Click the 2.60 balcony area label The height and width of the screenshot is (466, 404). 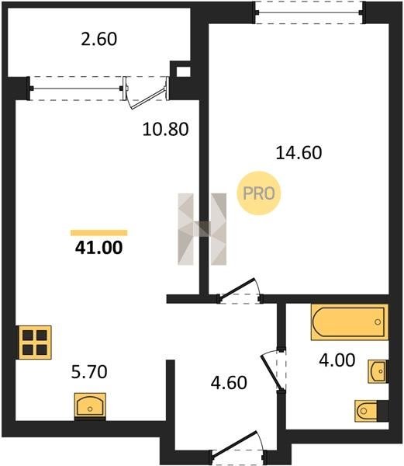[99, 40]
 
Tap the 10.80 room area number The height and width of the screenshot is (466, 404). [165, 130]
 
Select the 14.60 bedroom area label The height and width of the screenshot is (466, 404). [299, 153]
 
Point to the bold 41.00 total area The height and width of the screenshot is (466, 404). [98, 248]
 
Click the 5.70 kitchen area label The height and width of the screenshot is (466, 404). [89, 372]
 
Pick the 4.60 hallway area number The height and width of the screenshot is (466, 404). [229, 382]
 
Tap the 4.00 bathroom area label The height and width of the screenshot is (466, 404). [337, 360]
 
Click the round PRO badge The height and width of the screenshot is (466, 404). [259, 193]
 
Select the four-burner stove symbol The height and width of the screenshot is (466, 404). [35, 343]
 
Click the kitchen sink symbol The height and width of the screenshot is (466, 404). [90, 406]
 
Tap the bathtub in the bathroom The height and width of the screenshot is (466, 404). [350, 322]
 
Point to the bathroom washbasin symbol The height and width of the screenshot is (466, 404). [378, 371]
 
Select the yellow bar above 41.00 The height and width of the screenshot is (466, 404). [98, 233]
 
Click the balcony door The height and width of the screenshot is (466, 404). [146, 92]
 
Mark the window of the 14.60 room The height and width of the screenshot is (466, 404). [310, 12]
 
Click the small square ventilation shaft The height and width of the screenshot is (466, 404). [183, 71]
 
